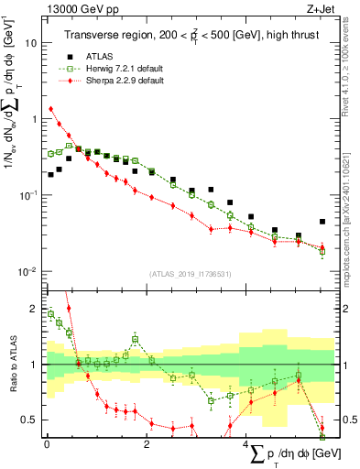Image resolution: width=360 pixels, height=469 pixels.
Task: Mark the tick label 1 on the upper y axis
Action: click(35, 119)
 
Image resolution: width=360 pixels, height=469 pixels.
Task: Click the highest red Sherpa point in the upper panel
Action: click(51, 109)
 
